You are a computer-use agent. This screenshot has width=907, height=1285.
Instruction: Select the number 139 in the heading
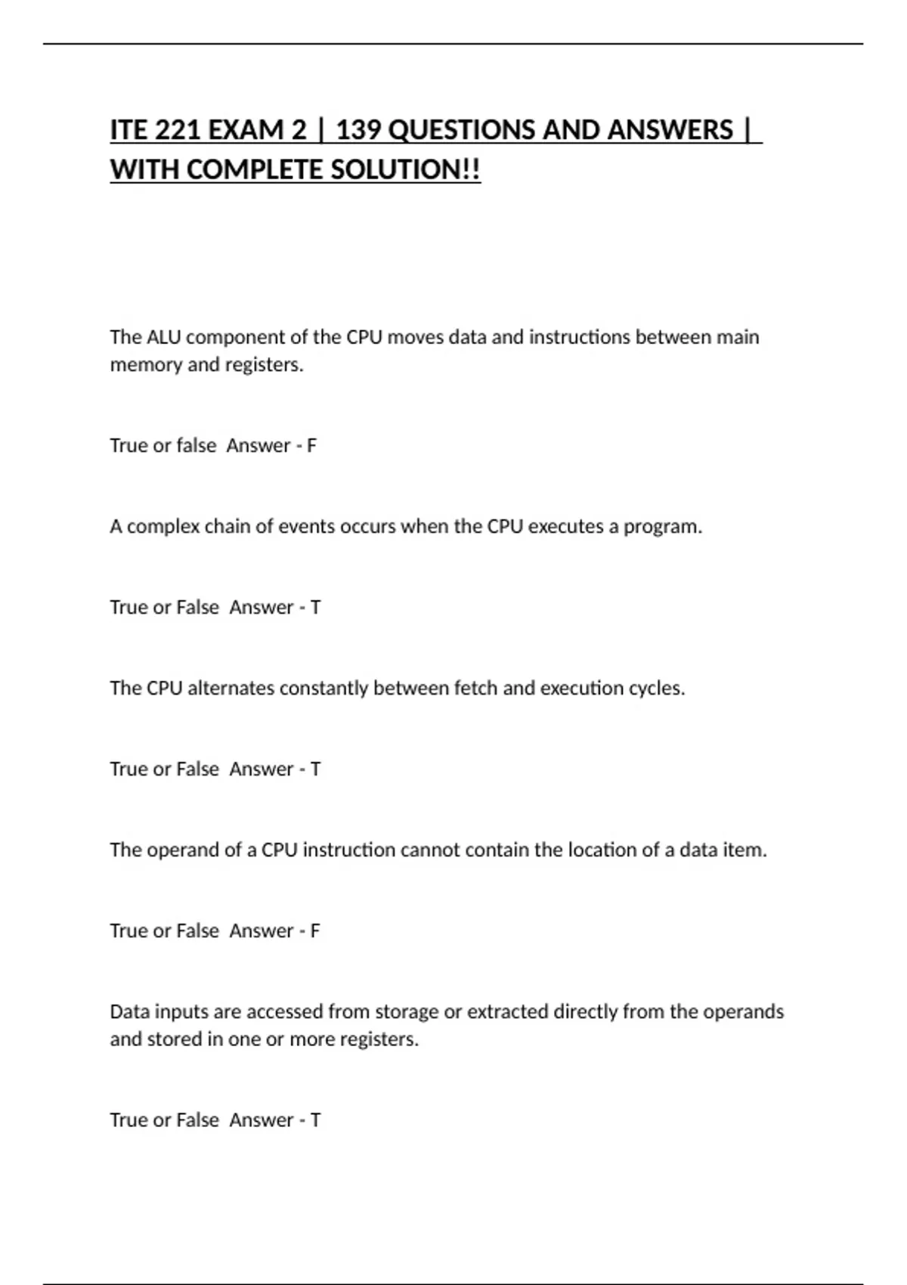pos(358,130)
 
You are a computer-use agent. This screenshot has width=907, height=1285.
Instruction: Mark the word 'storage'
pos(407,1012)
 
